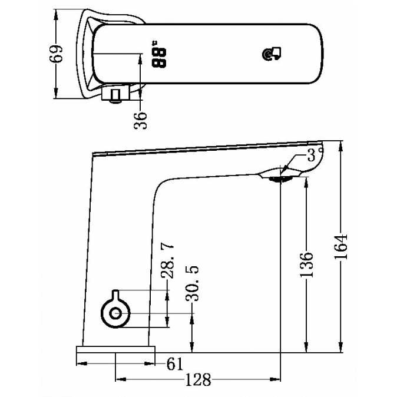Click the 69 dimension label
click(x=56, y=54)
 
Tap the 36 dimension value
click(x=140, y=120)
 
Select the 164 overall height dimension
click(x=340, y=247)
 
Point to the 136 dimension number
click(x=306, y=264)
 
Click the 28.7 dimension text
click(x=167, y=261)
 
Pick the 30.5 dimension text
click(x=192, y=283)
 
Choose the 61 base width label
click(x=175, y=364)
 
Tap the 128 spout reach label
click(x=198, y=380)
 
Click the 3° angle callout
click(x=315, y=154)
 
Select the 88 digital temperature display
click(x=159, y=54)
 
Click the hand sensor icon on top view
click(x=271, y=54)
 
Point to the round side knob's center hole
click(x=115, y=314)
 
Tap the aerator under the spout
click(x=280, y=179)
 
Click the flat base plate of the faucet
click(x=115, y=349)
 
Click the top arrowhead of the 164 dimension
click(x=341, y=146)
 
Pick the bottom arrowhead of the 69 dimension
click(x=56, y=92)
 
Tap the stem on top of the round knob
click(x=115, y=294)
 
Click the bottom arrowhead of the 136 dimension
click(x=306, y=346)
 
